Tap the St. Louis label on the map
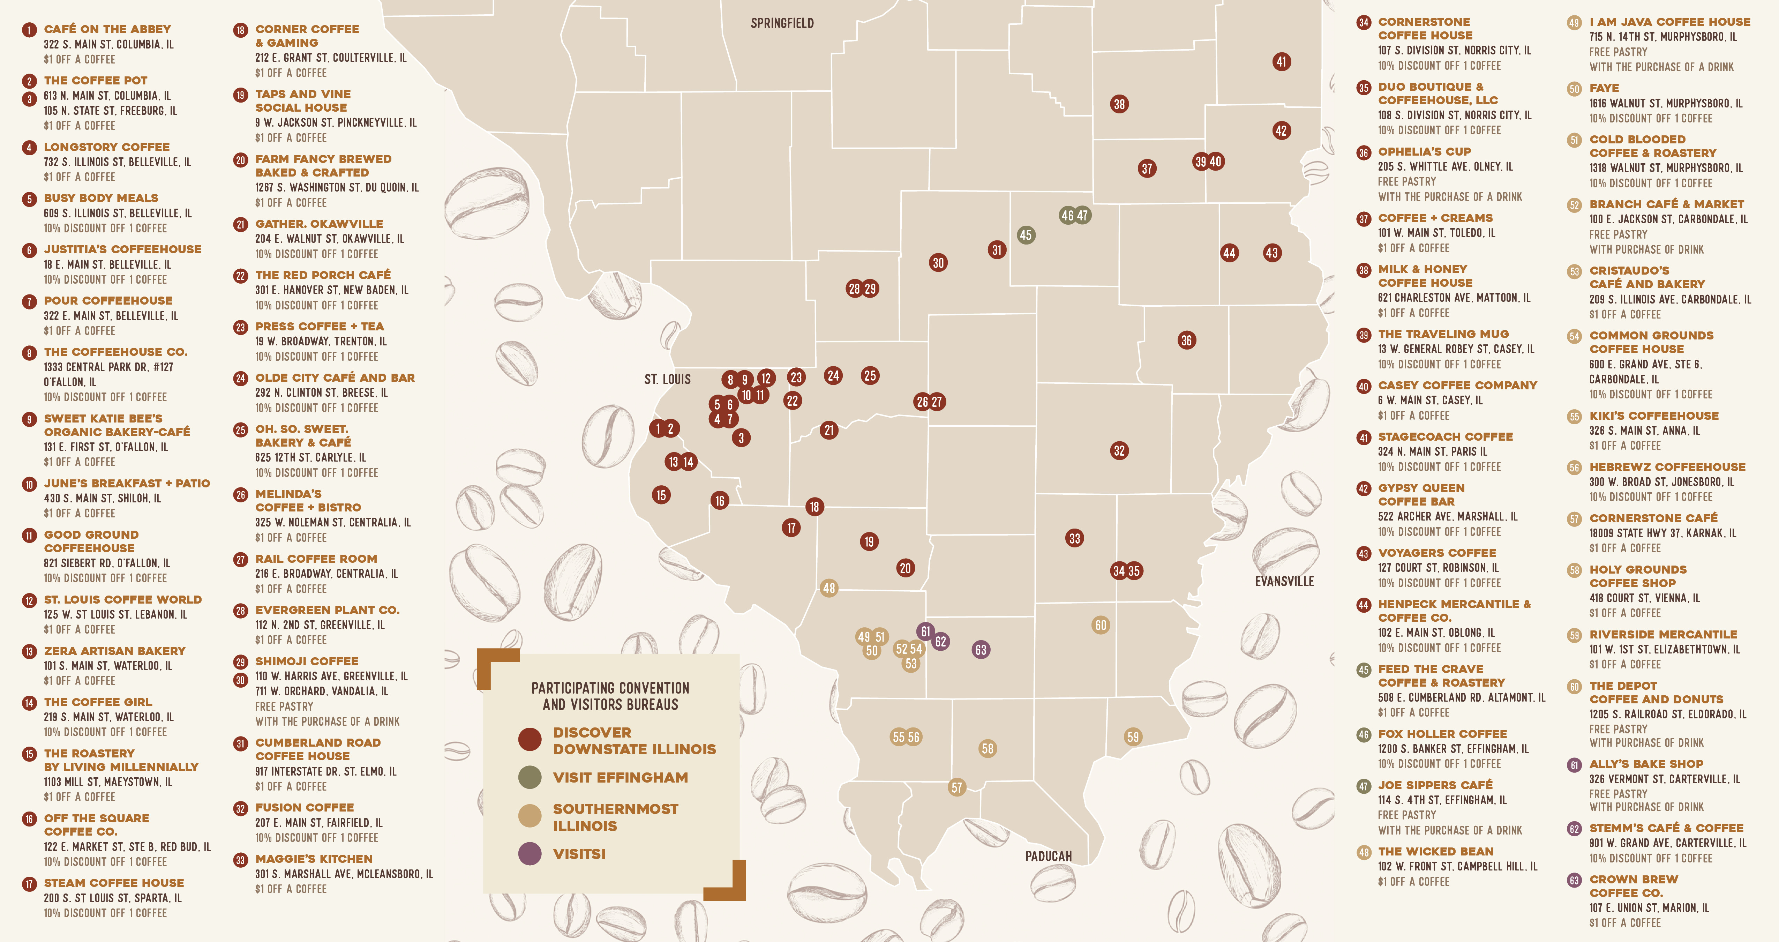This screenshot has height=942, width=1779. click(x=667, y=379)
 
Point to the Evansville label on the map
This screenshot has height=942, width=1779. click(x=1284, y=582)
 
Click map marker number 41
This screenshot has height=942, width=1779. click(x=1281, y=61)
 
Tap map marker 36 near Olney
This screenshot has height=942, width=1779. click(x=1186, y=340)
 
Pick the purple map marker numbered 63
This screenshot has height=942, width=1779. click(x=980, y=650)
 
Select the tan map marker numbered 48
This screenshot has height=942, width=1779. click(x=829, y=589)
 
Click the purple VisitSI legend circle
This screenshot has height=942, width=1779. click(x=530, y=854)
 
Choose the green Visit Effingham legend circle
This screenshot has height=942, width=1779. click(x=530, y=777)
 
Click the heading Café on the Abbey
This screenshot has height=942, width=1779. click(x=107, y=29)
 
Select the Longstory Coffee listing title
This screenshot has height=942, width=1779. click(x=106, y=147)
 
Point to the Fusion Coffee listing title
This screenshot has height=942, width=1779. click(x=305, y=807)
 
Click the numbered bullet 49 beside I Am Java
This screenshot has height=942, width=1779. click(x=1574, y=23)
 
